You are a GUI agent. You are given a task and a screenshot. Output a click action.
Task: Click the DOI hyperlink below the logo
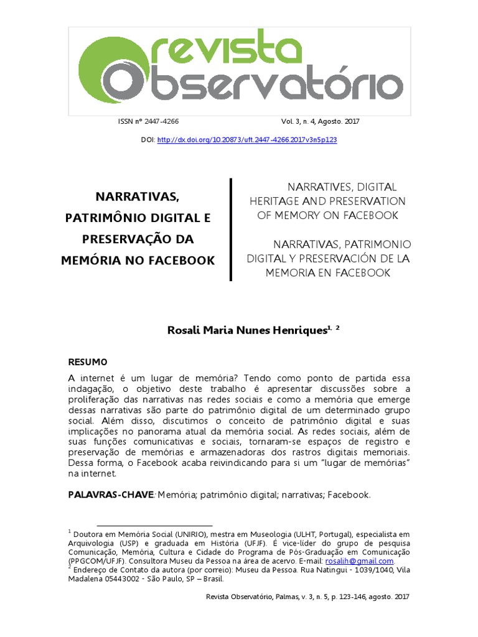(x=247, y=140)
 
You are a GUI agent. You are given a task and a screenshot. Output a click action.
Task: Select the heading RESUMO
(x=87, y=362)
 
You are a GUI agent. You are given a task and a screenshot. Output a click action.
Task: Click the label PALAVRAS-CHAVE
(x=110, y=495)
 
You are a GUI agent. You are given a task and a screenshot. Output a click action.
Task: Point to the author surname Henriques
(x=294, y=330)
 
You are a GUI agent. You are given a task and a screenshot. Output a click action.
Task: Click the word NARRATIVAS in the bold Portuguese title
(x=137, y=197)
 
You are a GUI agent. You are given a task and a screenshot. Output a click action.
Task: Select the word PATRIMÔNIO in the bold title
(x=103, y=218)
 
